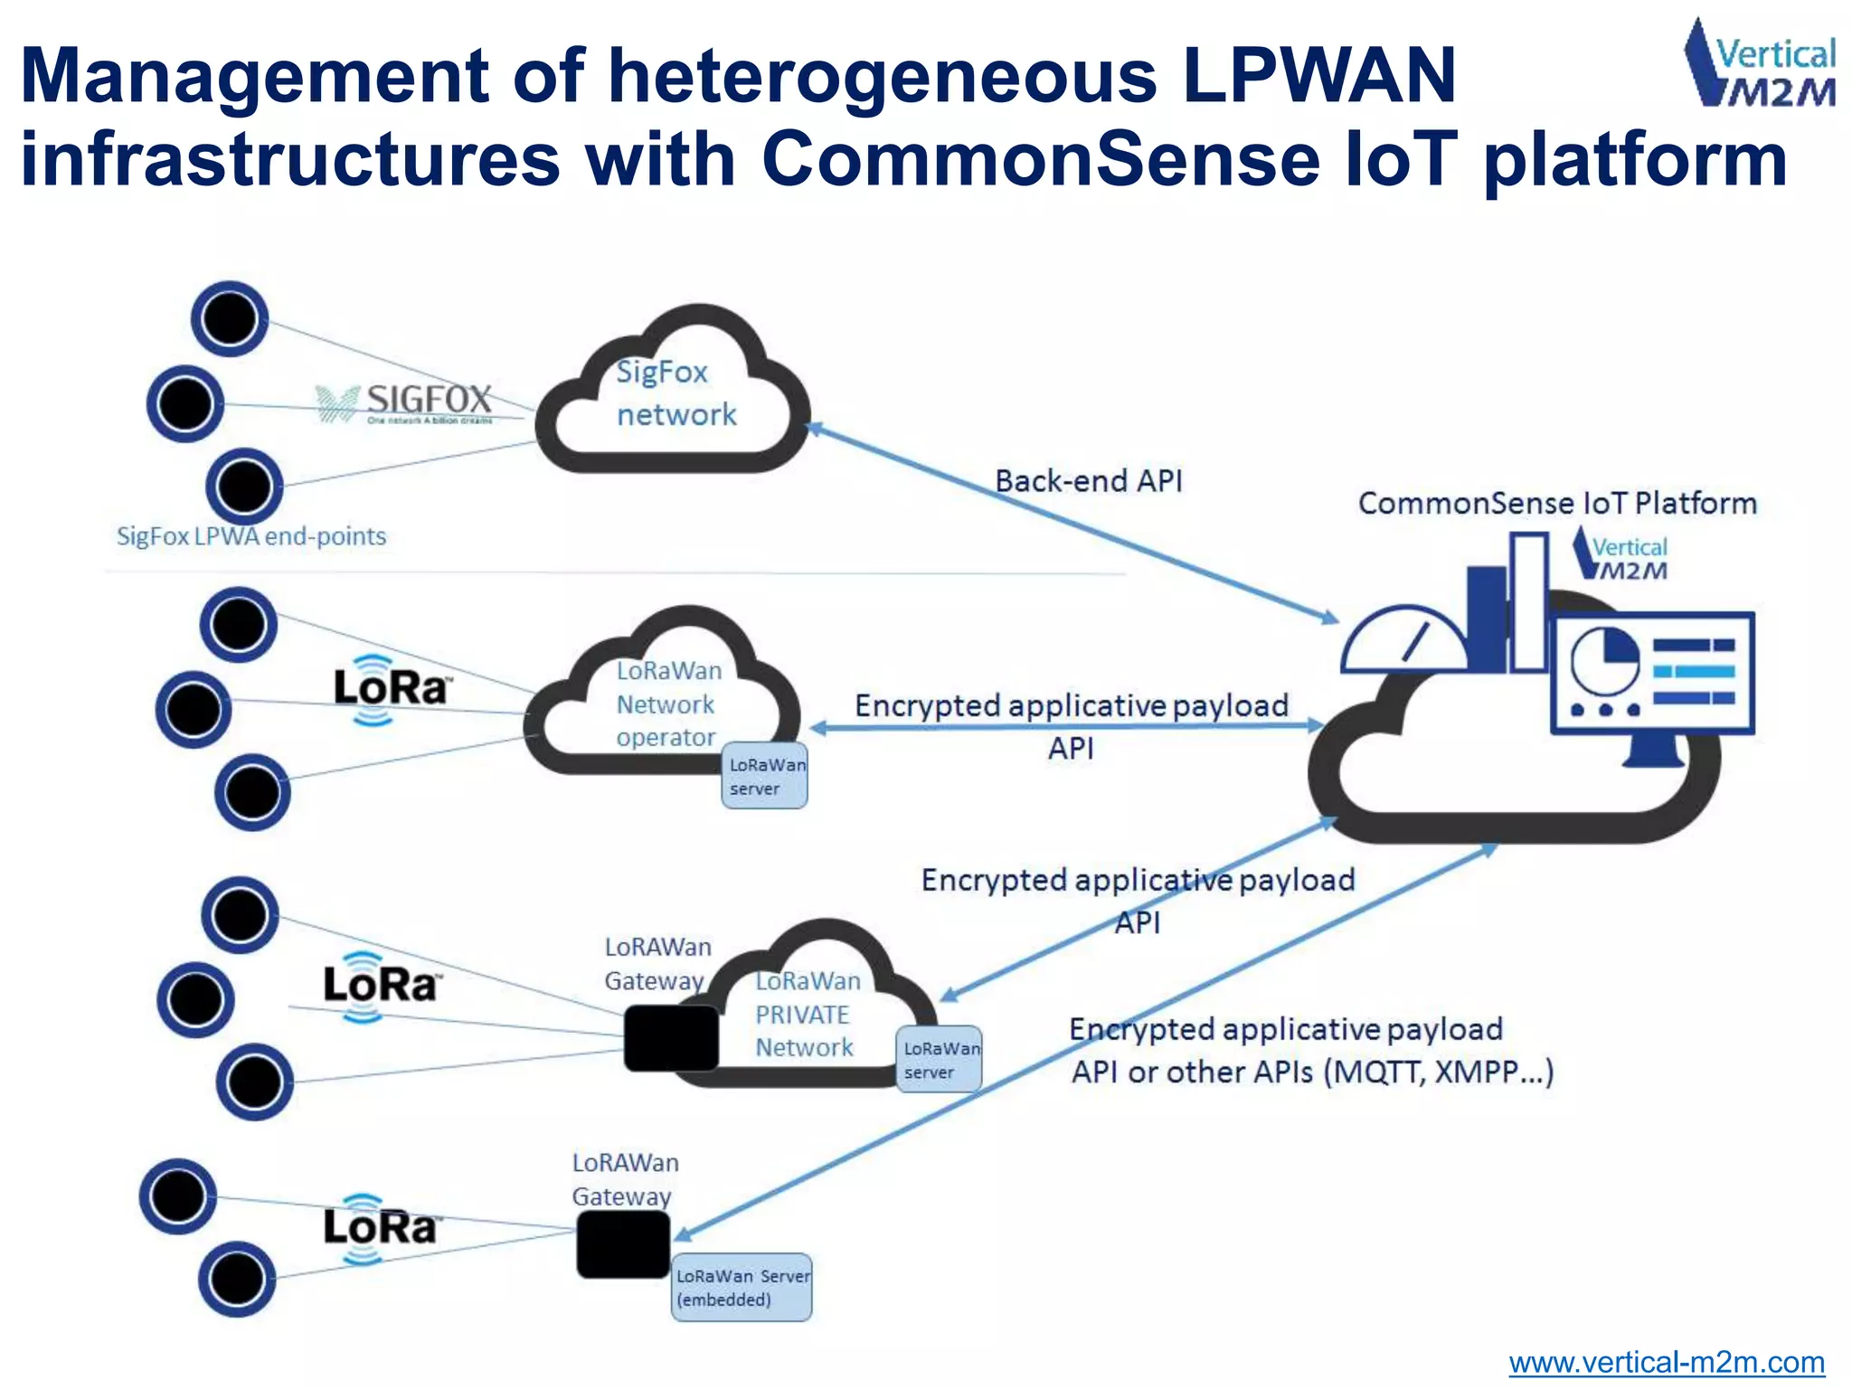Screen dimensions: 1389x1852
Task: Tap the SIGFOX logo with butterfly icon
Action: coord(405,403)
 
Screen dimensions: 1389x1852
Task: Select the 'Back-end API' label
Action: coord(1089,481)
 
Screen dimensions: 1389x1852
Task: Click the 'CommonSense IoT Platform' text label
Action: coord(1557,504)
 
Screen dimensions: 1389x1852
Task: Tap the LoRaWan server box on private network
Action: coord(940,1059)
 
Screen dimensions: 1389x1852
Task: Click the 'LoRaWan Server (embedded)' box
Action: coord(742,1288)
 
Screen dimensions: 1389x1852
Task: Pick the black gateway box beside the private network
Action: coord(671,1038)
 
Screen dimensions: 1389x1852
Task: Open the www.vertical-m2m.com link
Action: coord(1666,1362)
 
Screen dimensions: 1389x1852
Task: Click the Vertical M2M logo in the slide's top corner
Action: coord(1759,65)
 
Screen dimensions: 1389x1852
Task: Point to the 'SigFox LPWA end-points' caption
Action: coord(251,536)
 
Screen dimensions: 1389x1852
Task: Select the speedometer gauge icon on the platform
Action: coord(1403,640)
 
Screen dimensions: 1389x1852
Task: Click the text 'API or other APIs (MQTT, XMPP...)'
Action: coord(1311,1072)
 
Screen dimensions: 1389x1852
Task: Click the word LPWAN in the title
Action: coord(1318,76)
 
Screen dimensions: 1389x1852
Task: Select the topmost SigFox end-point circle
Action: coord(230,318)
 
